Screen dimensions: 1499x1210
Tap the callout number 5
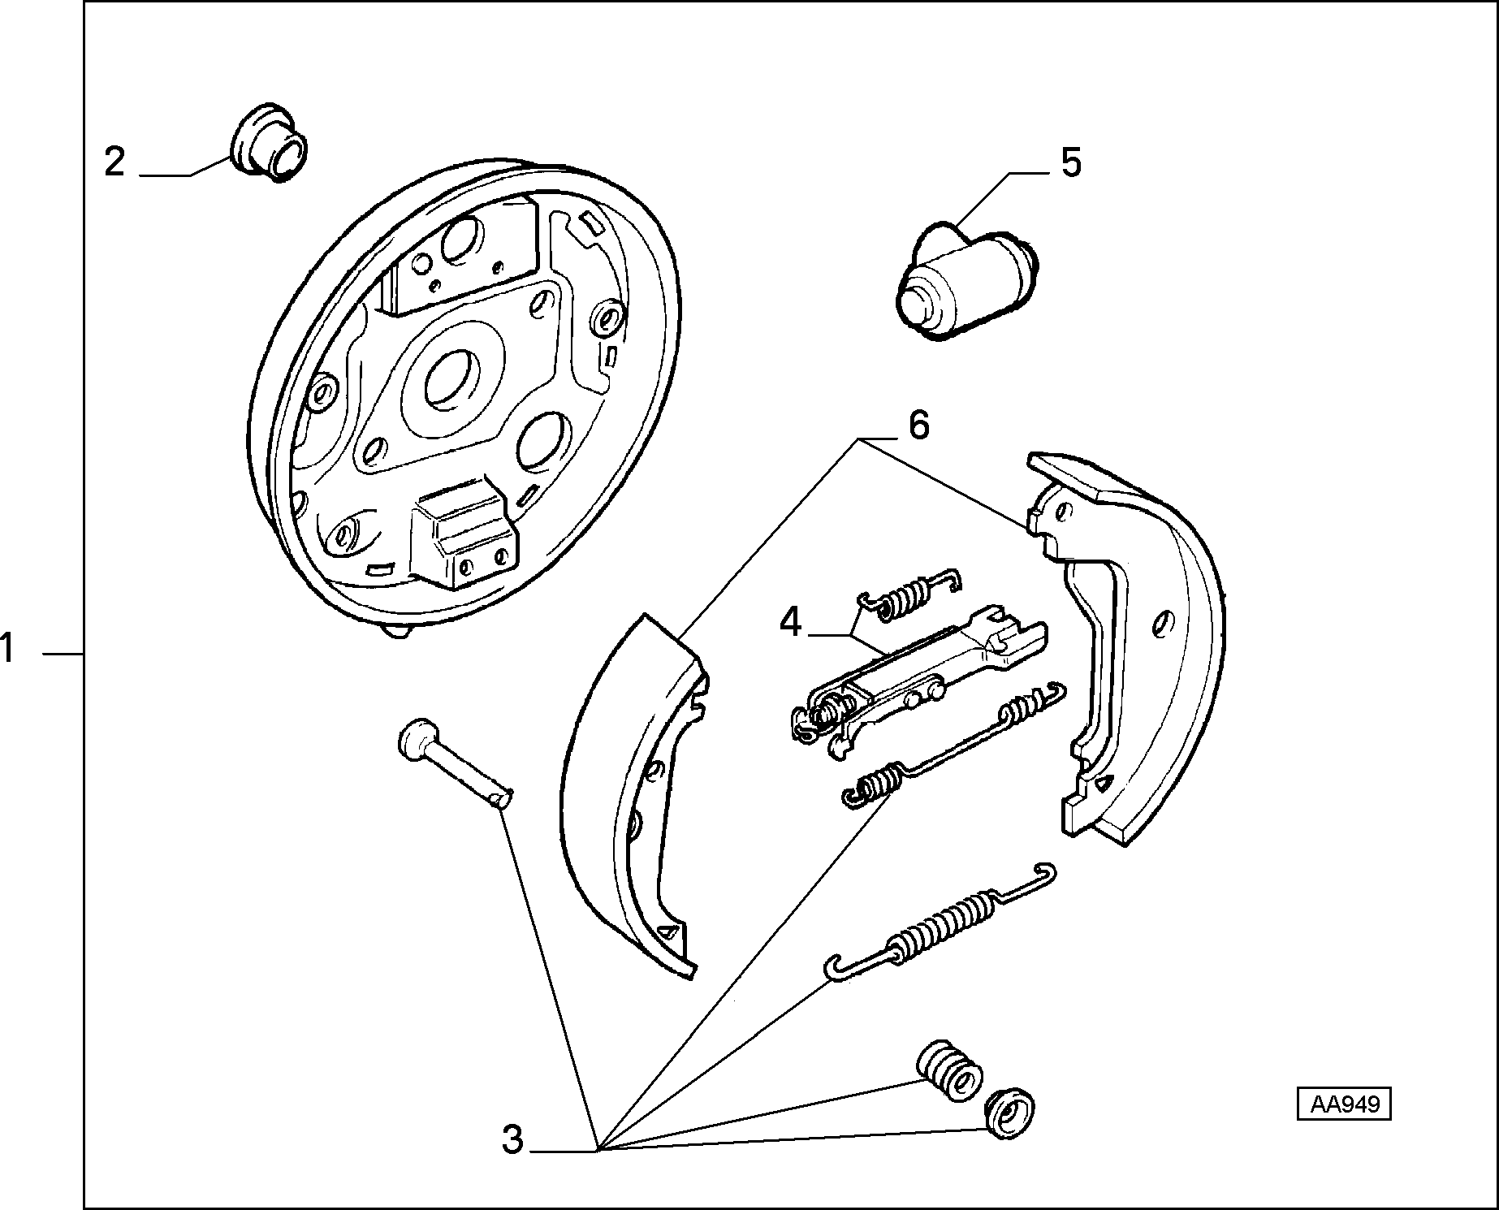click(x=1071, y=162)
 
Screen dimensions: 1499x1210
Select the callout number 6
click(x=918, y=425)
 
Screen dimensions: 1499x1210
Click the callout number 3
click(x=512, y=1139)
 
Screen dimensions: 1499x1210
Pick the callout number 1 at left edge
click(x=9, y=649)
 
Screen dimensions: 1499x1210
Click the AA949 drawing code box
click(x=1343, y=1105)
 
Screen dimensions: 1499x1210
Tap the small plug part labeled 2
click(x=269, y=142)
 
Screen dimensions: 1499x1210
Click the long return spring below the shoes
click(x=940, y=919)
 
